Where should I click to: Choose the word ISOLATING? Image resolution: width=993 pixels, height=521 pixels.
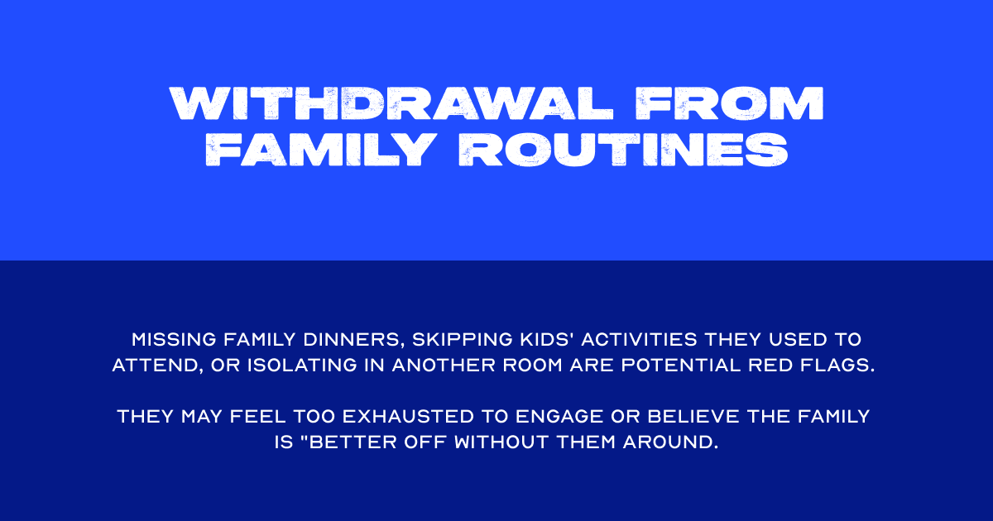click(303, 366)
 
